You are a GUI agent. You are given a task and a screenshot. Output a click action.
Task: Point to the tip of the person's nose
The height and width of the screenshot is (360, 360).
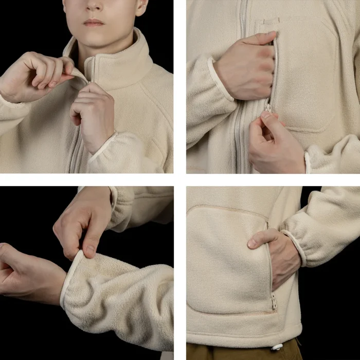[93, 6]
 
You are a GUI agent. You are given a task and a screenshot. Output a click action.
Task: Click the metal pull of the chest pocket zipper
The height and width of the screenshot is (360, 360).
[268, 107]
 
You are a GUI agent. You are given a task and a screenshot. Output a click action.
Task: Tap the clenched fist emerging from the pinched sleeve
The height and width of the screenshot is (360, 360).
[26, 273]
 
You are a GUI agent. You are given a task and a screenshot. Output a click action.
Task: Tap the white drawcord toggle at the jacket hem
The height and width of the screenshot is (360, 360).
[278, 347]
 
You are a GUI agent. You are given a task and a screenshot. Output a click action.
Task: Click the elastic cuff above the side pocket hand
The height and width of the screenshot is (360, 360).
[295, 247]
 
